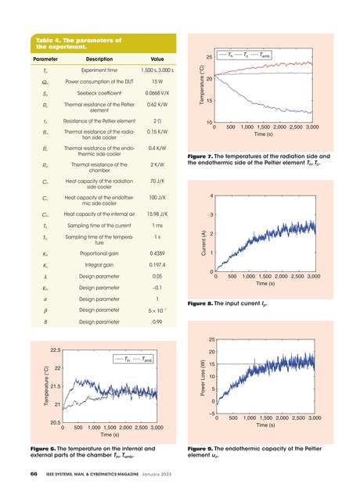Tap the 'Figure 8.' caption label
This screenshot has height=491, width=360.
pos(200,302)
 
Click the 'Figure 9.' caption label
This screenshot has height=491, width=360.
pos(200,448)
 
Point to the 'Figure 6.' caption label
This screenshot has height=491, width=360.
pos(45,448)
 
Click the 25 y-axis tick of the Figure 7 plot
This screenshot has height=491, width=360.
pos(208,58)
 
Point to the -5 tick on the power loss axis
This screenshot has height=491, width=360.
pos(208,416)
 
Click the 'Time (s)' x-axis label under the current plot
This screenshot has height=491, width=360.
pos(265,284)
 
